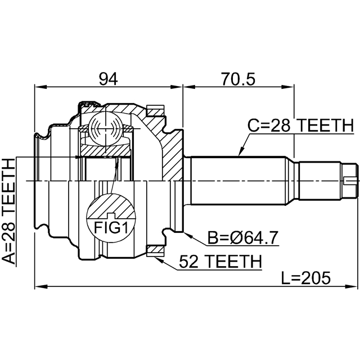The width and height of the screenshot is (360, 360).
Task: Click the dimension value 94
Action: pos(108,79)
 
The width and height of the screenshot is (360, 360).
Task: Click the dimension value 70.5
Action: pos(238,79)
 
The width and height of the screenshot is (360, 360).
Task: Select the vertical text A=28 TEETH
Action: pos(10,211)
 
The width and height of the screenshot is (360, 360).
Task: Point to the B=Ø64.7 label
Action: pos(242,238)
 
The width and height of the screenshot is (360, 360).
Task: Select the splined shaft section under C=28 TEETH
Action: pos(242,180)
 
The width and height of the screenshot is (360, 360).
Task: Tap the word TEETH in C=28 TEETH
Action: pos(325,126)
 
